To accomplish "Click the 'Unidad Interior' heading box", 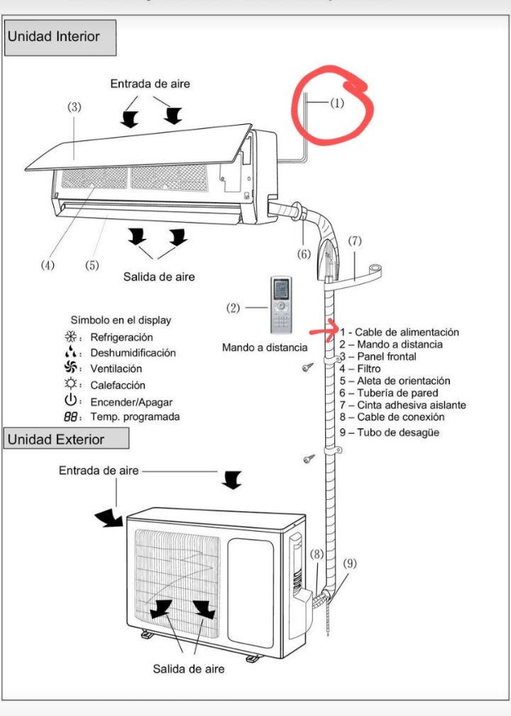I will click(x=60, y=37).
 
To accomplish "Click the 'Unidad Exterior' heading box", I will click(x=67, y=440).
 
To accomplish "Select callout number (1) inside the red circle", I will click(x=336, y=103).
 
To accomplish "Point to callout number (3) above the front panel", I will click(x=75, y=107).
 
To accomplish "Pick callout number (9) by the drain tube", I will click(x=350, y=564).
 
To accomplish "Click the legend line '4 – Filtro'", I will click(x=360, y=369).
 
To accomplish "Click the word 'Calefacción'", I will click(x=118, y=385).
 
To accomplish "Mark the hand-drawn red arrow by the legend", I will click(x=322, y=331).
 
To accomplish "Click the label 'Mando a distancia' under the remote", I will click(x=265, y=347).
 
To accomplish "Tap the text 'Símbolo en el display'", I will click(x=121, y=320).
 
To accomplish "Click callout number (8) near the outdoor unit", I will click(x=317, y=554).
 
